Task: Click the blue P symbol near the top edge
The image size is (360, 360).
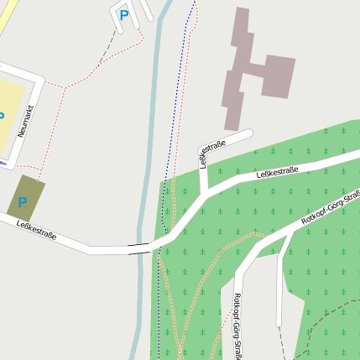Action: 124,14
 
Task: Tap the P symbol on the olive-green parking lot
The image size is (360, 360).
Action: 23,202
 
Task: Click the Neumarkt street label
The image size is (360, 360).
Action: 24,119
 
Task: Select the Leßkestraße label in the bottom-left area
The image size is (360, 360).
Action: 36,230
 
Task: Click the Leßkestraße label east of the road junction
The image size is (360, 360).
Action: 277,171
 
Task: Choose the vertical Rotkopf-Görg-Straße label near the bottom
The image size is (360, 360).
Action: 237,327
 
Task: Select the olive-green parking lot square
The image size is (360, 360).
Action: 26,198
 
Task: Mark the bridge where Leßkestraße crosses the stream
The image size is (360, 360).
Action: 140,248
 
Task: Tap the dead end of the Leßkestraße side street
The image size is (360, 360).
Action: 249,133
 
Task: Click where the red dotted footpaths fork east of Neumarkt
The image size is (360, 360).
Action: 65,86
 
